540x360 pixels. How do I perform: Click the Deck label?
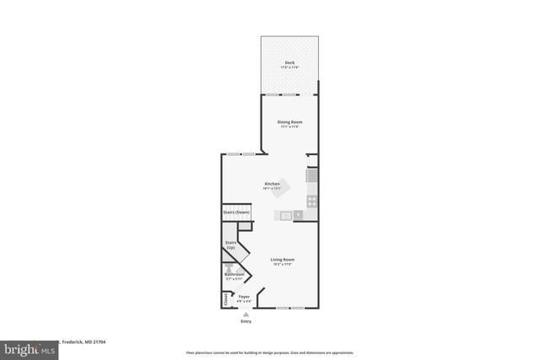pos(289,62)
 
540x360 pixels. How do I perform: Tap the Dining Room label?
pos(289,121)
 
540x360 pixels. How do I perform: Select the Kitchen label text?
pos(272,184)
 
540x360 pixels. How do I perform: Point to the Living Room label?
pos(282,259)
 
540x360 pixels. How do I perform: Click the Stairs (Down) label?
pos(236,212)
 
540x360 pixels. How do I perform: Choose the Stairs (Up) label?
pos(230,246)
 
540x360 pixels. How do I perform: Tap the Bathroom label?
pos(234,274)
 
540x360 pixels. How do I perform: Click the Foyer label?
pos(244,297)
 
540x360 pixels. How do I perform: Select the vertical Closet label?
pos(225,299)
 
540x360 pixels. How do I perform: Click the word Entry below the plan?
pos(246,320)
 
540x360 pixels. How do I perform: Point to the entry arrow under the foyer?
pos(246,314)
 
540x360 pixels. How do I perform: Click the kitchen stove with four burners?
pos(311,201)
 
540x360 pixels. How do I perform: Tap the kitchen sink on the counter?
pos(287,216)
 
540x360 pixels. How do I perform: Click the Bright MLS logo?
pos(29,344)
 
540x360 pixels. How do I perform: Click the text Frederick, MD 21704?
pos(83,342)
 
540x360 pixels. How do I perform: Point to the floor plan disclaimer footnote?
pos(269,351)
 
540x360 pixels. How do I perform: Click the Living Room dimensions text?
pos(282,264)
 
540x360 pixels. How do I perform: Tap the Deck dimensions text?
pos(289,67)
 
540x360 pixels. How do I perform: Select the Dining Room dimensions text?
pos(289,126)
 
